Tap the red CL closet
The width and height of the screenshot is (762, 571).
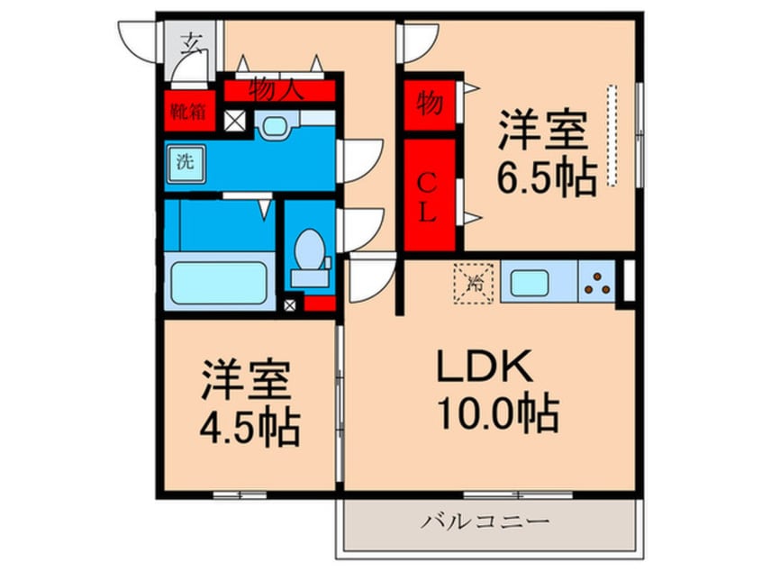point(430,195)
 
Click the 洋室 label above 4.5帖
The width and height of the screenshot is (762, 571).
point(246,381)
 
